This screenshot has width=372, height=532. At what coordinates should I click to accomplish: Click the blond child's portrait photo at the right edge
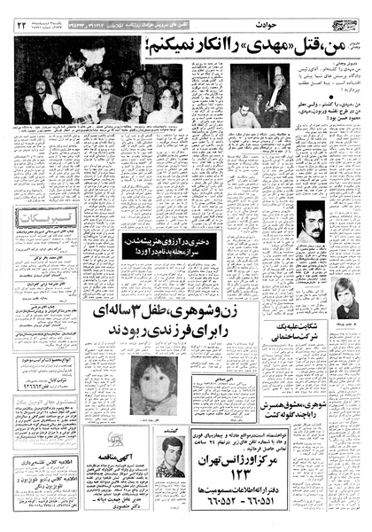pyautogui.click(x=346, y=298)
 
